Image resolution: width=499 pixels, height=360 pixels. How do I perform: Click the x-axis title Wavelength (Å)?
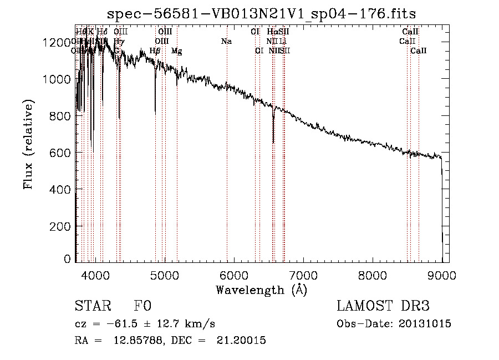pos(261,290)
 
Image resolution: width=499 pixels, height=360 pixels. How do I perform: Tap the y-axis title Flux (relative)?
pos(28,144)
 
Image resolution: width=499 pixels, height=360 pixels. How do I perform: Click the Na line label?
pos(226,42)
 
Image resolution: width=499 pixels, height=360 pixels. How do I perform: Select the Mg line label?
pos(176,51)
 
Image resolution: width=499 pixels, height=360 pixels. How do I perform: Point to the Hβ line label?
pos(155,51)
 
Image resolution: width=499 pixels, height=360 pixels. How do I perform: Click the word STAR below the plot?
pos(92,307)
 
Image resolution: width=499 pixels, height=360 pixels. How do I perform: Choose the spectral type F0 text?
pos(142,307)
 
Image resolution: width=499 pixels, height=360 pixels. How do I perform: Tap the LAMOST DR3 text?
pos(383,307)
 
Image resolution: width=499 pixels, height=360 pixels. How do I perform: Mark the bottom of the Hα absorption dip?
pos(273,143)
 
